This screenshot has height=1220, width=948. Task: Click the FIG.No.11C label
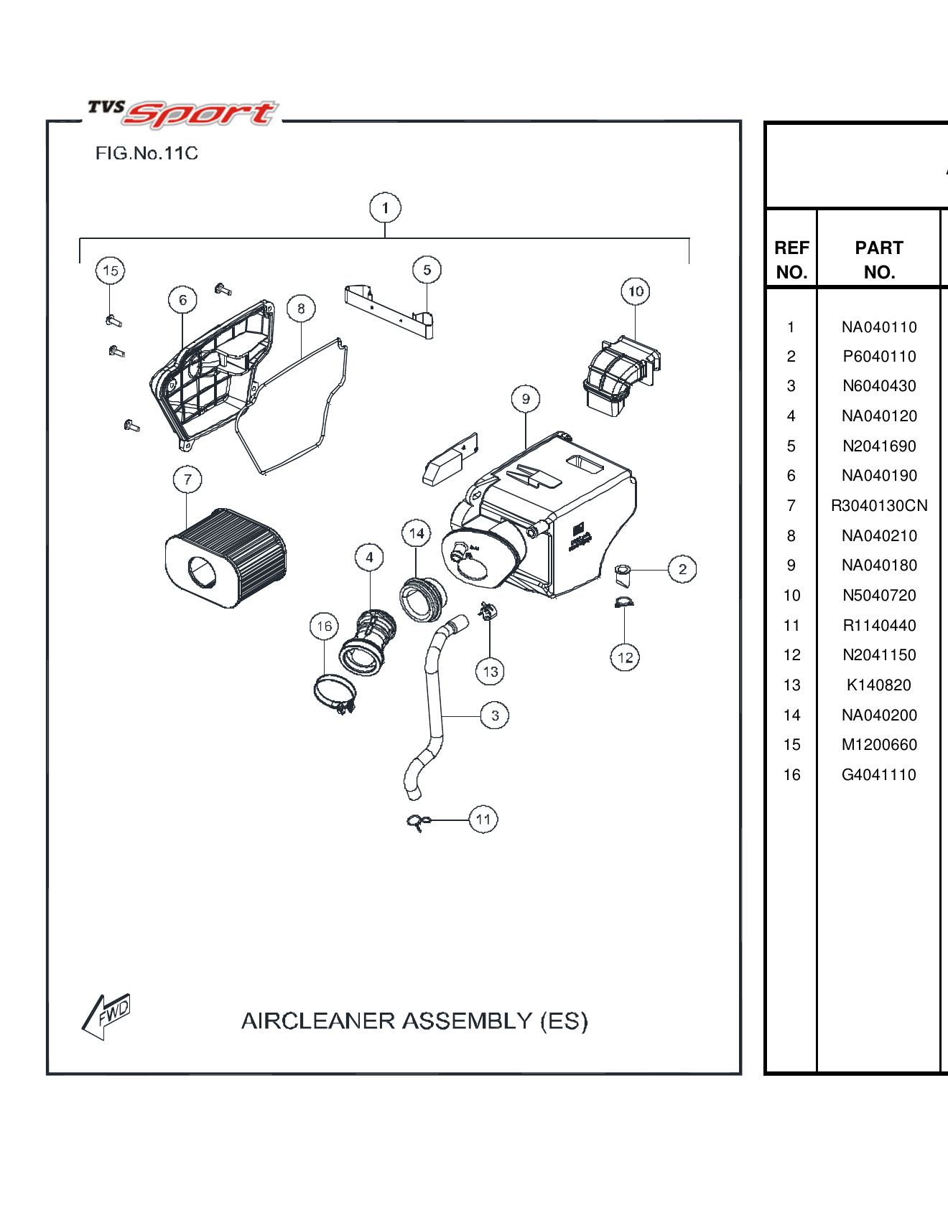pos(147,154)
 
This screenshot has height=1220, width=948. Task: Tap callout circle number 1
pos(385,208)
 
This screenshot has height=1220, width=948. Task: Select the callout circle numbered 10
pos(636,291)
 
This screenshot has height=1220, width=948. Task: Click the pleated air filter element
pos(226,558)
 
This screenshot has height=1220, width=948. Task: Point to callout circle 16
pos(325,627)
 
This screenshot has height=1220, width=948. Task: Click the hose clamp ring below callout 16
pos(335,693)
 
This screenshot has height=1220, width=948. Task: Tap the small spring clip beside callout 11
pos(418,822)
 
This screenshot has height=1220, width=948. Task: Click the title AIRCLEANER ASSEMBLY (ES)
pos(414,1020)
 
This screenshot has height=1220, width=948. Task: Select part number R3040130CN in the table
pos(879,506)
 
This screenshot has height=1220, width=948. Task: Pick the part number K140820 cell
pos(879,685)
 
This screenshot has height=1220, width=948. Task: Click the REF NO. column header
pos(791,260)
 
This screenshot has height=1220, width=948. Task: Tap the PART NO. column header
pos(879,260)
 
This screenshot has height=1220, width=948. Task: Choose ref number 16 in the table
pos(791,775)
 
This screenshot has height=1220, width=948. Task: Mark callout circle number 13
pos(491,672)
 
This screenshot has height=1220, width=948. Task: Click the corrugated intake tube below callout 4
pos(368,642)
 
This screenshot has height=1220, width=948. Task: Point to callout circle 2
pos(682,570)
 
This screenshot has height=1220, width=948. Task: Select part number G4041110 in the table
pos(879,775)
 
